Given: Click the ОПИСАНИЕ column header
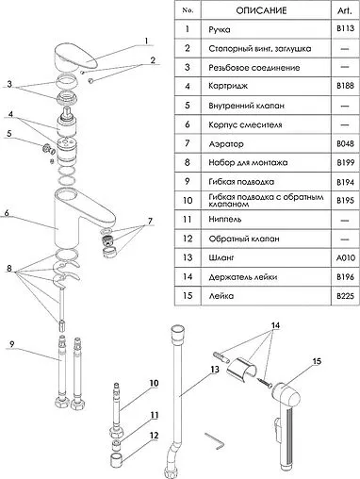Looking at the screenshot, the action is (261, 10).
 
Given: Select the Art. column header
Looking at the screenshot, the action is (345, 10).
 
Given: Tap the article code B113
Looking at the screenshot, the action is (345, 29).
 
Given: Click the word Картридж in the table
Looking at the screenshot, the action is (228, 86).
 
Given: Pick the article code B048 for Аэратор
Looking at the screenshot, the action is (345, 143).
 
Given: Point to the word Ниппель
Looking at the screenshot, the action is (225, 219).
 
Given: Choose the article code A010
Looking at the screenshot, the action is (345, 257).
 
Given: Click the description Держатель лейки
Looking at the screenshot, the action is (243, 277).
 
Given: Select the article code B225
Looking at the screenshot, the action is (345, 296).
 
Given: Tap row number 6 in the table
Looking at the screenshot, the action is (188, 124).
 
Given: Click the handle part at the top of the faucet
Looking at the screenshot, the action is (75, 58).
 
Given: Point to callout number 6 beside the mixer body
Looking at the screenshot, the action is (7, 213).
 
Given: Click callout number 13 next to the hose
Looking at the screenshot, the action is (215, 370).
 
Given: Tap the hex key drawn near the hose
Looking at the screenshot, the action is (215, 440).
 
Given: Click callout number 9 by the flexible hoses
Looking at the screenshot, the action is (12, 344).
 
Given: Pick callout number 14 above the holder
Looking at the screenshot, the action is (275, 325).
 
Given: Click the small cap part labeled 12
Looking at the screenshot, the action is (116, 460).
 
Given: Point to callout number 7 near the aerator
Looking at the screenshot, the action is (150, 221).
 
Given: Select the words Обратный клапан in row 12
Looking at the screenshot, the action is (244, 239).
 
